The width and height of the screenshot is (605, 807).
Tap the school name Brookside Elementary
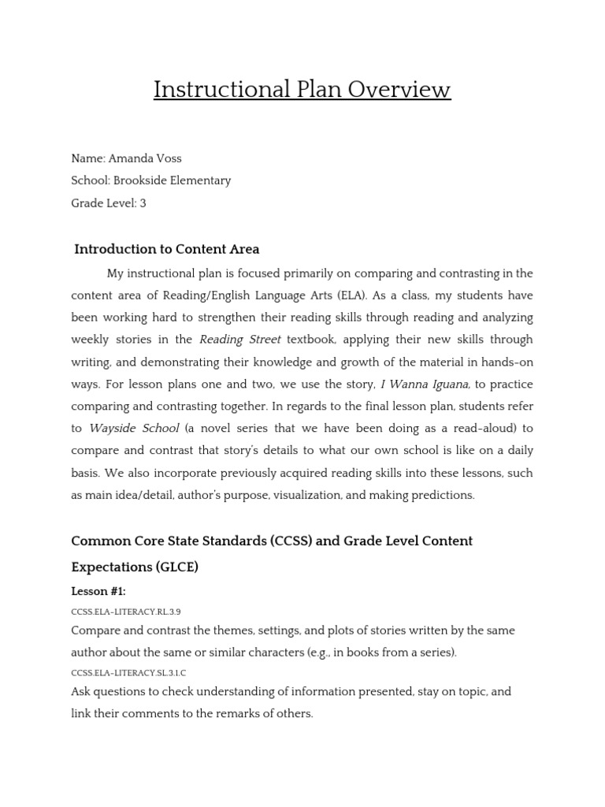(173, 180)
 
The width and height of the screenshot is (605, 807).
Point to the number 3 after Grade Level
(143, 203)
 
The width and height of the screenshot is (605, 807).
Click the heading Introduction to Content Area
(166, 249)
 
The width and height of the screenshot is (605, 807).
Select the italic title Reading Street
(240, 340)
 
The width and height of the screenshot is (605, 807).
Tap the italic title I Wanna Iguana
(425, 385)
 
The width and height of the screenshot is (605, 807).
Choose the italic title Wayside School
(134, 429)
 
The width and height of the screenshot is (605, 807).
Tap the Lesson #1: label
(98, 592)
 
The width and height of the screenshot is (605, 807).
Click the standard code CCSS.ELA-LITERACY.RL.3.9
(126, 612)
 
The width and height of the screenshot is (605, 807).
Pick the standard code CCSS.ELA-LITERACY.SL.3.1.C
(128, 673)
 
